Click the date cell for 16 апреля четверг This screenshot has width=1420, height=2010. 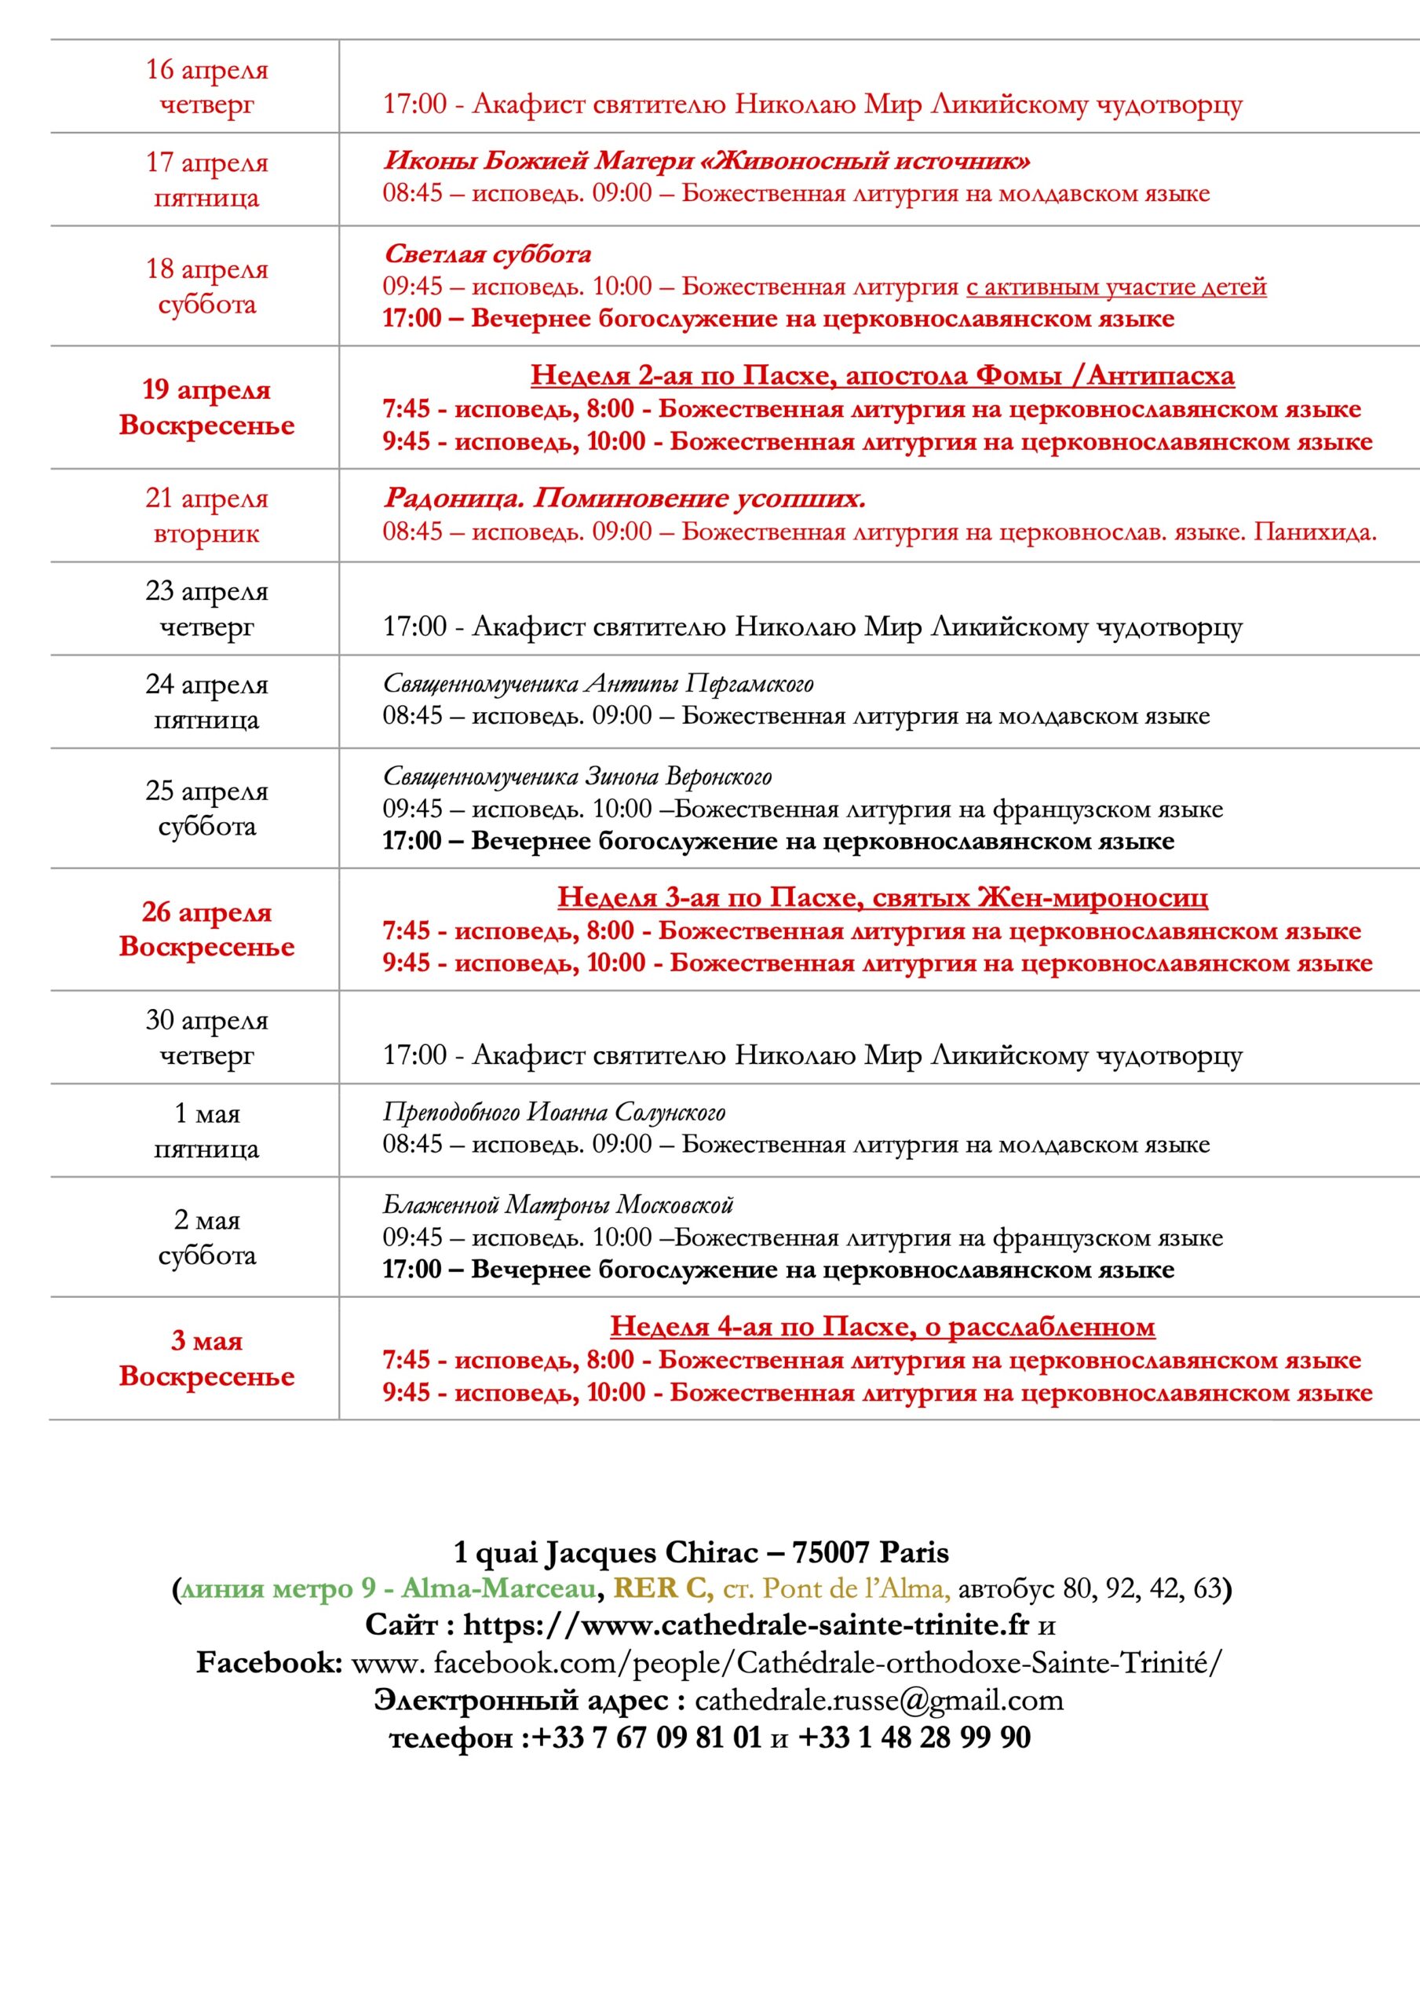206,86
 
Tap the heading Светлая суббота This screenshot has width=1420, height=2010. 487,254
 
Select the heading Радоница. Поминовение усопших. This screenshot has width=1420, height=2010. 624,498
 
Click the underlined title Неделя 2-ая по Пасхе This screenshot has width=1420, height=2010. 882,375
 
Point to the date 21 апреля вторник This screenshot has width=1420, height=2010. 206,515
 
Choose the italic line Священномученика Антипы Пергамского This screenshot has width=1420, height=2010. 598,683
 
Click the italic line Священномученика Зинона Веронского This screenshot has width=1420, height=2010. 577,776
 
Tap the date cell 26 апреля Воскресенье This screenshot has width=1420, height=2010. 206,929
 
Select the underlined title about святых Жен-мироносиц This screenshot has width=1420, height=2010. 882,897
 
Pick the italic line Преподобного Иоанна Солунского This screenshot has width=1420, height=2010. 554,1112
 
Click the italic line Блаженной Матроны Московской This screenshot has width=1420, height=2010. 557,1204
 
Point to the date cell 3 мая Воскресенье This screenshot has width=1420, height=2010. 206,1358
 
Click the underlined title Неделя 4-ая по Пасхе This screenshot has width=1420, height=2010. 882,1326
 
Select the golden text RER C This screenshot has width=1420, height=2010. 663,1588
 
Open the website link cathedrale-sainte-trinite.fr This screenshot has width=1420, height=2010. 746,1624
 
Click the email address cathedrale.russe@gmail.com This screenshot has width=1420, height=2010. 879,1700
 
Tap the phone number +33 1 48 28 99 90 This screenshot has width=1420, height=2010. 914,1737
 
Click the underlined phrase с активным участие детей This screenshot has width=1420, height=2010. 1116,287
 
